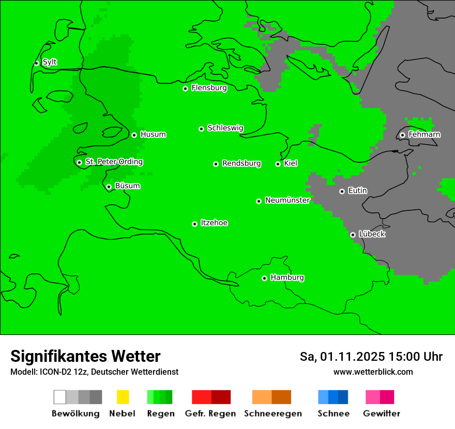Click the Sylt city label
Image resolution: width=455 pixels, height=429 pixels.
pos(50,62)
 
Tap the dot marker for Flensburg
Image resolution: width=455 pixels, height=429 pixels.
pos(185,88)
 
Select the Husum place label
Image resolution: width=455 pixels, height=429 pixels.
pos(153,134)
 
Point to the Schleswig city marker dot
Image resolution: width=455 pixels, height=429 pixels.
pos(201,129)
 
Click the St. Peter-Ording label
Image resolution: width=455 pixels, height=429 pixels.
pos(114,162)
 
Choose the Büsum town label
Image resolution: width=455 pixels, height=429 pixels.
pos(127,186)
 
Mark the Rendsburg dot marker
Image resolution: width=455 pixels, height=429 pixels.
pos(216,164)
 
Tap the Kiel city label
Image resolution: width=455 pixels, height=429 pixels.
pos(291,163)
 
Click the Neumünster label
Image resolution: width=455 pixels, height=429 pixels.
pos(287,200)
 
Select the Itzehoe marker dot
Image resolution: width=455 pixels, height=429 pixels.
pos(194,224)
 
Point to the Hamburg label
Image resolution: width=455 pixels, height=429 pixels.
pos(287,278)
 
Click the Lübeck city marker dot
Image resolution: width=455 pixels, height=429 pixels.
pos(353,235)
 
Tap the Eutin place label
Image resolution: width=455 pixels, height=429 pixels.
pos(357,191)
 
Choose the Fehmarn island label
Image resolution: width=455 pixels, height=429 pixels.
pos(424,134)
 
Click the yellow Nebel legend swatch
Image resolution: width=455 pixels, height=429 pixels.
pos(123,397)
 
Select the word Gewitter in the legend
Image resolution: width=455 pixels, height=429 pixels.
pos(382,413)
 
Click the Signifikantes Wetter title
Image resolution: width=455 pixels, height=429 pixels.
pos(85,356)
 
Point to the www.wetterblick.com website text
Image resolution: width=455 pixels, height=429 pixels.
pos(373,372)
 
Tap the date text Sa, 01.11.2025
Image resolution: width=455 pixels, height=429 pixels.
pos(342,357)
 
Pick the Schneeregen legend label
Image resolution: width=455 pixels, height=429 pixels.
pos(272,413)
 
